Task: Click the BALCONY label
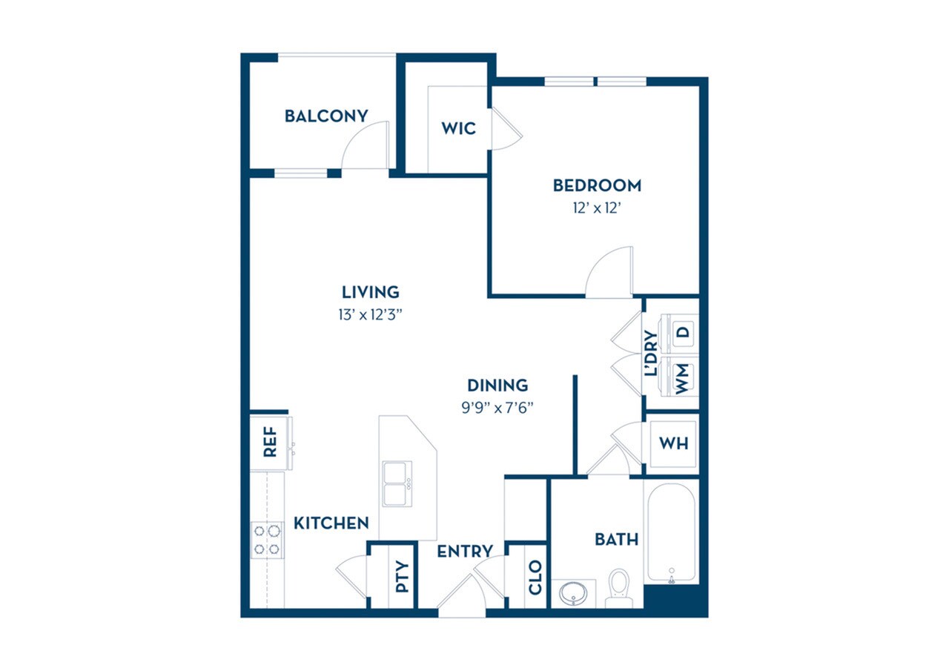[326, 116]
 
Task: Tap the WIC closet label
[458, 128]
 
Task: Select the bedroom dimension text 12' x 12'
[597, 208]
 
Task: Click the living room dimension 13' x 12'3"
[371, 314]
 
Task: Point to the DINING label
[497, 385]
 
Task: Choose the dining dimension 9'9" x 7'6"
[497, 407]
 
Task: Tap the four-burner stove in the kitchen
[268, 540]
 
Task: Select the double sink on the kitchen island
[397, 483]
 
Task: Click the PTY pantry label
[402, 577]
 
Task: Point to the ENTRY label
[464, 552]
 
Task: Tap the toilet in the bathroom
[618, 584]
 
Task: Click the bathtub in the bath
[671, 532]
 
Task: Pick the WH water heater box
[673, 443]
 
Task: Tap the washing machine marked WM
[682, 378]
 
